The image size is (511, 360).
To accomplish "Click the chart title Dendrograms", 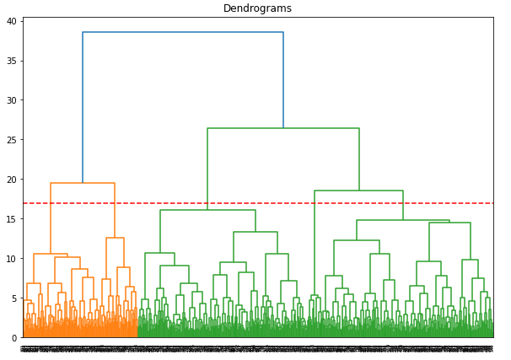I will (257, 8).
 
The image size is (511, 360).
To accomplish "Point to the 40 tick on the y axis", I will (12, 21).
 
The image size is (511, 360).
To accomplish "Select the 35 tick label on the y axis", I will (12, 61).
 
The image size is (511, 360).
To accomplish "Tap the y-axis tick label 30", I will (12, 100).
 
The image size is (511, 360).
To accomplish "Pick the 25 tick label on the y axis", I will (12, 140).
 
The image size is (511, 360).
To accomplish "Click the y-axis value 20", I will (12, 180).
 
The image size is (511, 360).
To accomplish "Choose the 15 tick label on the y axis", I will (12, 219).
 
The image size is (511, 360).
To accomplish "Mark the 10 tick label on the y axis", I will (12, 259).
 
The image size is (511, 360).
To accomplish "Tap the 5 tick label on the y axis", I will (14, 298).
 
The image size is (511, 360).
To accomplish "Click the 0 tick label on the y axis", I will (14, 337).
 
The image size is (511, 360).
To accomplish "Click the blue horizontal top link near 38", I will (183, 32).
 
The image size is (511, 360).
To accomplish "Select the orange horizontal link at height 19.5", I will (83, 183).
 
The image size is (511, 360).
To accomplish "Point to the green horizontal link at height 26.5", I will (283, 128).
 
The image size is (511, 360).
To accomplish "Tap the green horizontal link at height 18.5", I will (358, 191).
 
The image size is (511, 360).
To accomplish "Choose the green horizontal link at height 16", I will (207, 210).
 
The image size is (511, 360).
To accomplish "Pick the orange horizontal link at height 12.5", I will (115, 238).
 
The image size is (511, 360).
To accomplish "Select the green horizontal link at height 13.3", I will (255, 232).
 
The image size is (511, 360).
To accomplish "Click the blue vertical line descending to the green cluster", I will (283, 80).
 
